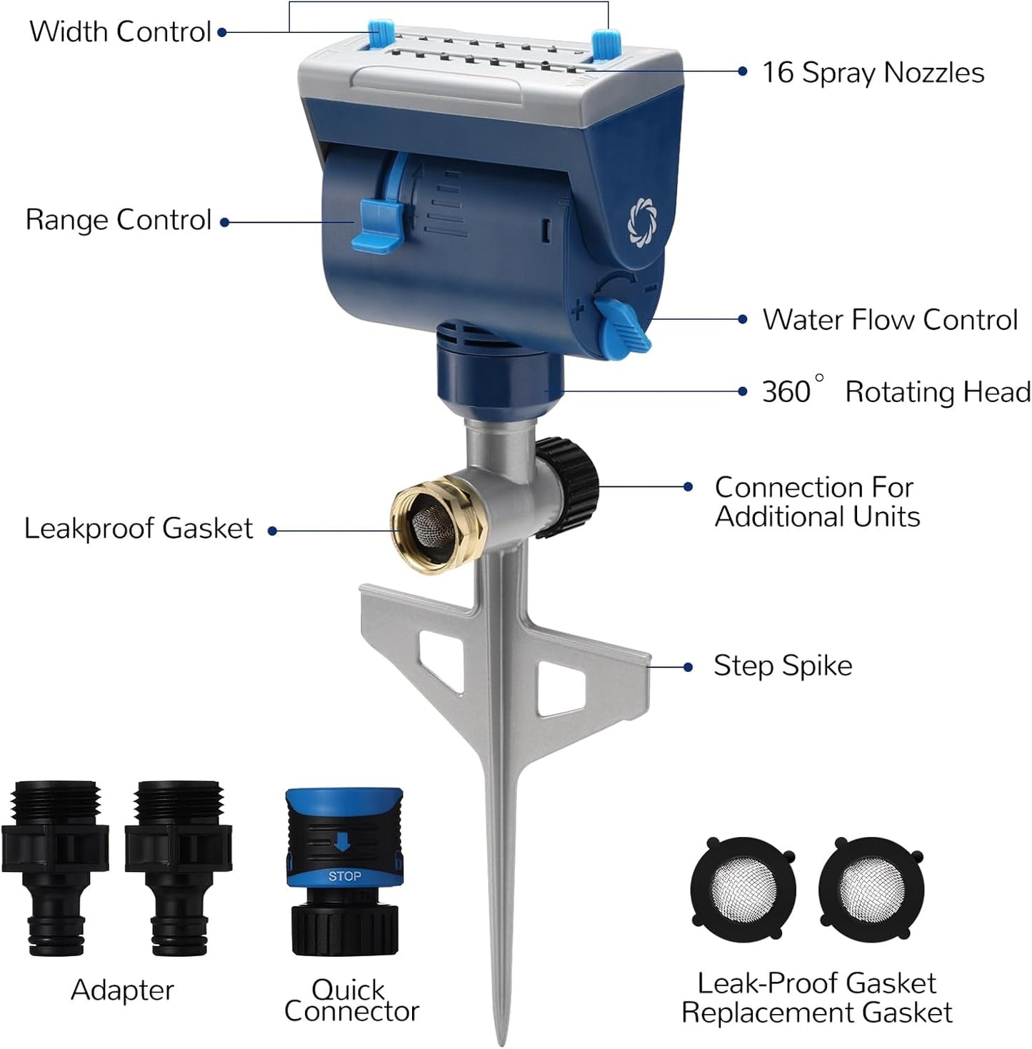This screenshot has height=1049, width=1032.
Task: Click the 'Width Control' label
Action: pyautogui.click(x=120, y=32)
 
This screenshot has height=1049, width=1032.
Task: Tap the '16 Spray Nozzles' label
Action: pyautogui.click(x=873, y=73)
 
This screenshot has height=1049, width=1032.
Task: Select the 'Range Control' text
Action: pyautogui.click(x=119, y=220)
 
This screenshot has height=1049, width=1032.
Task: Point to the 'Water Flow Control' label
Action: pyautogui.click(x=889, y=320)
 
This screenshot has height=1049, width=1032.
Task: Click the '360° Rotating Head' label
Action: pyautogui.click(x=896, y=392)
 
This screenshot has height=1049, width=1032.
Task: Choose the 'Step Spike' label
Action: pyautogui.click(x=783, y=666)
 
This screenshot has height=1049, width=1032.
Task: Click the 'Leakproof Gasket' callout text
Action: pyautogui.click(x=139, y=529)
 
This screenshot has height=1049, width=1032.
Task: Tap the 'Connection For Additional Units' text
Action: pyautogui.click(x=816, y=502)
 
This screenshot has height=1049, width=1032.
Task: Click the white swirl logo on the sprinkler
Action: pyautogui.click(x=641, y=221)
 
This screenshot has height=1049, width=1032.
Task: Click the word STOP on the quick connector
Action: pyautogui.click(x=344, y=876)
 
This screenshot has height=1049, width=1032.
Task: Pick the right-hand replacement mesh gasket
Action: pyautogui.click(x=871, y=890)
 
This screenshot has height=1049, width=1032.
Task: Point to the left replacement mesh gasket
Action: pyautogui.click(x=743, y=890)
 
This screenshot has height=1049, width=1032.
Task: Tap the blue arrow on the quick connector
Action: pyautogui.click(x=342, y=843)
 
